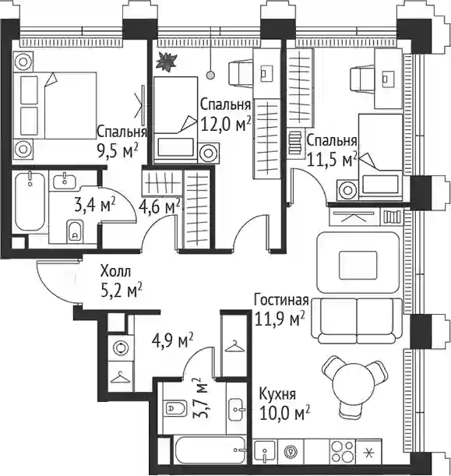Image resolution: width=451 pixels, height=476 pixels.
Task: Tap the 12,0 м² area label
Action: point(226,124)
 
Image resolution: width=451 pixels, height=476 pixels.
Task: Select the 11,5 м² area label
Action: point(332,160)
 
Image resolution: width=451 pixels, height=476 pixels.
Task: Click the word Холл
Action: point(115,271)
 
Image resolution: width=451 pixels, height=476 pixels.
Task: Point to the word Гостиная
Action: point(281,300)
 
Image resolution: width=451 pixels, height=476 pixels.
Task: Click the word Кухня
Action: point(277,394)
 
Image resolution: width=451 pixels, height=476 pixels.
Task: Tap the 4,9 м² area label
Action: point(172,340)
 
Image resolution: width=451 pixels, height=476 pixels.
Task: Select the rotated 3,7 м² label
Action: point(201,398)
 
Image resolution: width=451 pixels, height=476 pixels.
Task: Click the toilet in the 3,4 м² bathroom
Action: point(75,231)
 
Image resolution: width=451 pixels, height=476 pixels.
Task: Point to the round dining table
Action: point(354,383)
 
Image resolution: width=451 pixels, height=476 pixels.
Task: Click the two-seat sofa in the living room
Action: point(357,321)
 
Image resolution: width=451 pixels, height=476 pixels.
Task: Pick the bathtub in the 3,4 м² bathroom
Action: point(30,201)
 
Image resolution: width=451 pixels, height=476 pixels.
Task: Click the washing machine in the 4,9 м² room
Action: point(121,348)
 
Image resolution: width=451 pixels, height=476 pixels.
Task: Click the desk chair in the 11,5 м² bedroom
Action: point(362,79)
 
